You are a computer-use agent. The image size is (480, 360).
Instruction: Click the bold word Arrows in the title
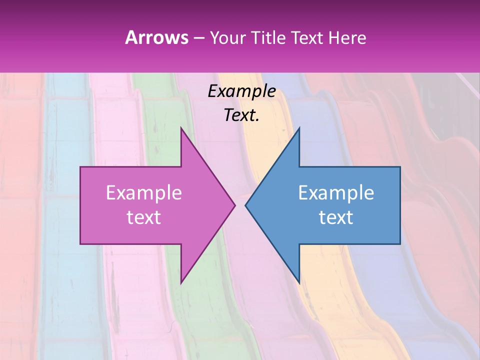click(156, 37)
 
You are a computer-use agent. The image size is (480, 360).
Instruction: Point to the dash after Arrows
click(198, 38)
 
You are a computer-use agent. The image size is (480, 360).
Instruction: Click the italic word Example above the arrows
click(241, 91)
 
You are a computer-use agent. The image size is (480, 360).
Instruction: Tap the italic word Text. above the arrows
click(241, 115)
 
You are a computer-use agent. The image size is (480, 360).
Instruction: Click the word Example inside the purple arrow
click(144, 193)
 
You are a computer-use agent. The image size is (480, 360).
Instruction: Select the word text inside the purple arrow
click(144, 217)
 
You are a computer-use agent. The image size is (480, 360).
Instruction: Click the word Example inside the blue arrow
click(336, 193)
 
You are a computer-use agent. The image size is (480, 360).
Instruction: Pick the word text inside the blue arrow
click(336, 217)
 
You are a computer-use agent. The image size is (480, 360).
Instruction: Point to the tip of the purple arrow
click(235, 205)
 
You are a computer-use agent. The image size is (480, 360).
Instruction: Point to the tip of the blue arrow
click(245, 205)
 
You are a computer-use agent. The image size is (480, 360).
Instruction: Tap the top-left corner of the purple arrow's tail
click(80, 167)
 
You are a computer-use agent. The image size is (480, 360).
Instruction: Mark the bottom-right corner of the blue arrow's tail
click(400, 244)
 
